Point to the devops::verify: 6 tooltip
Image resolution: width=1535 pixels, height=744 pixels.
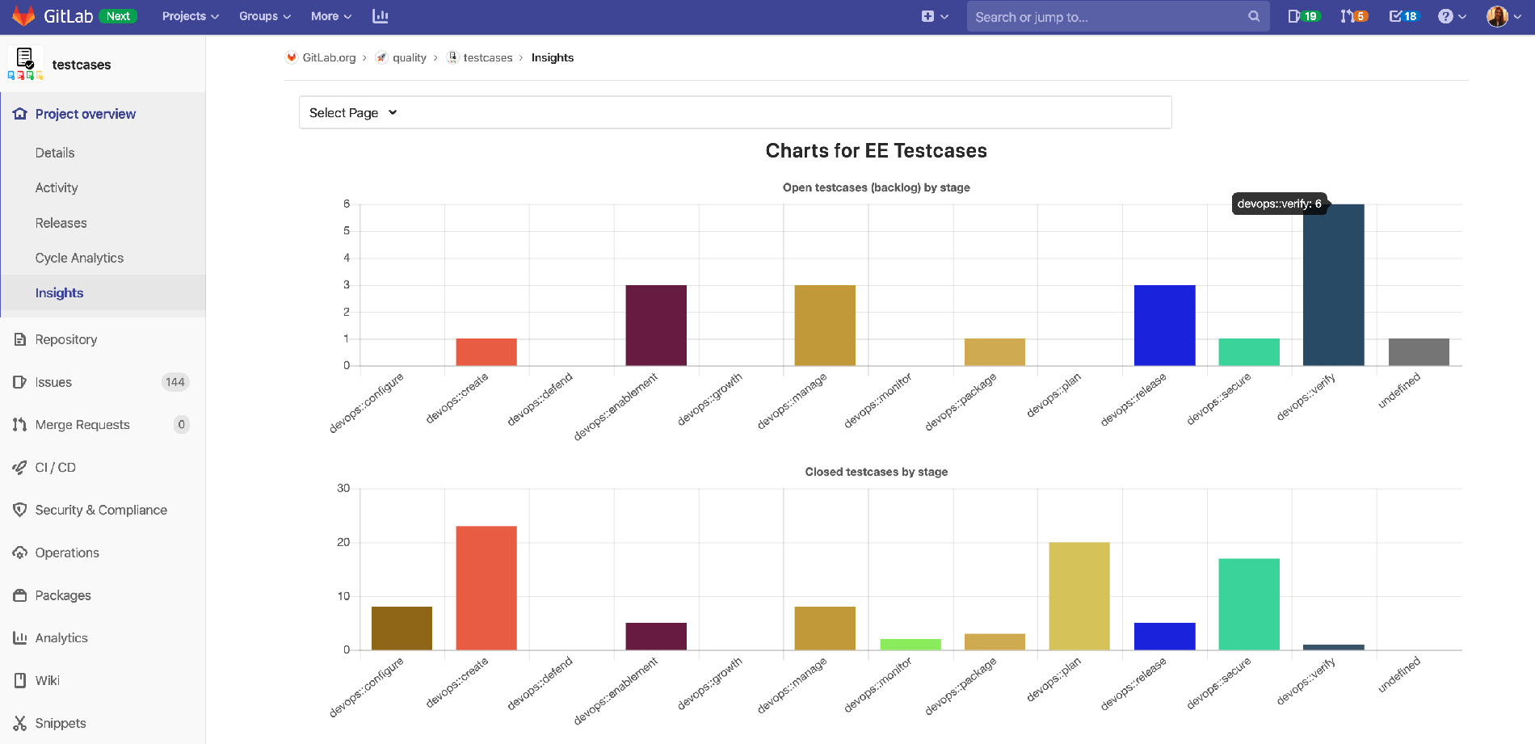(x=1279, y=204)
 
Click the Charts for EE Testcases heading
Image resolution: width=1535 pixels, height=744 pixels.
(x=876, y=151)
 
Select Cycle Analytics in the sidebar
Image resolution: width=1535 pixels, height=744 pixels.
(x=79, y=258)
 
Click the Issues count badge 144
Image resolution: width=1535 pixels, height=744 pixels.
(x=175, y=382)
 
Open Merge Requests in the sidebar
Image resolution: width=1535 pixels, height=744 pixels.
(x=82, y=425)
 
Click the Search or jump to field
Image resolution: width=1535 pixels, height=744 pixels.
(x=1107, y=16)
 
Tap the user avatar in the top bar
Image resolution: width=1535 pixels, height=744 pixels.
(x=1497, y=16)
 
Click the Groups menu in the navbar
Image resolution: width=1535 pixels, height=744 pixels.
(x=264, y=16)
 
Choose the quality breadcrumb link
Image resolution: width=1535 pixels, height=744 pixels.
(x=409, y=57)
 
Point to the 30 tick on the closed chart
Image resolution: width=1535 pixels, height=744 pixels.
(x=343, y=488)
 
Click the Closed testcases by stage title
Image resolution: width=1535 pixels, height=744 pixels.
(x=876, y=472)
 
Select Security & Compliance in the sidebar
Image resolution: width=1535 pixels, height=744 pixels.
(x=101, y=510)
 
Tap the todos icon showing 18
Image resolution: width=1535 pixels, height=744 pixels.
(x=1403, y=16)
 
